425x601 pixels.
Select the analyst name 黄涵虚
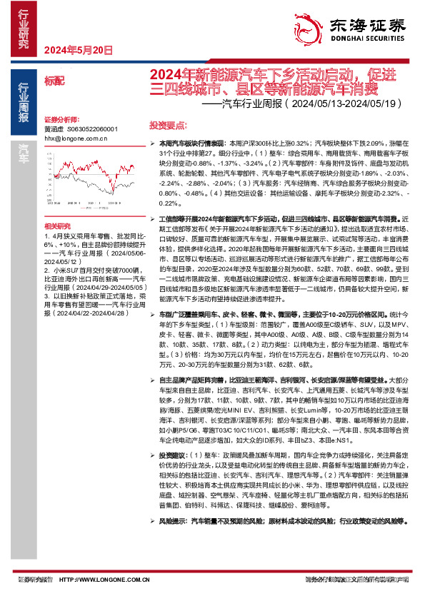[54, 130]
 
